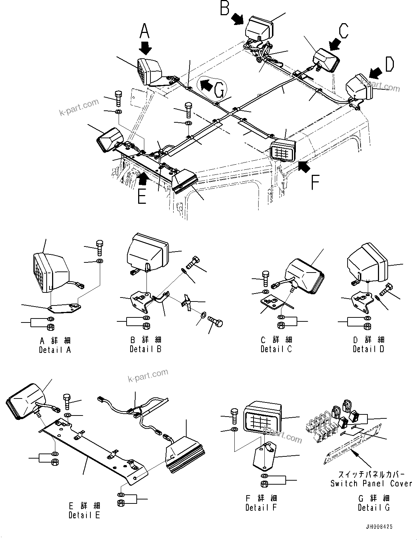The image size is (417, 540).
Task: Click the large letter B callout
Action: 225,8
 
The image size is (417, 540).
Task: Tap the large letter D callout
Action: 389,64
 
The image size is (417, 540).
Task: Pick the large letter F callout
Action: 315,182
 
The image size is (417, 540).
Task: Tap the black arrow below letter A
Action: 146,48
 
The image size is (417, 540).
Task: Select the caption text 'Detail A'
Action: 55,350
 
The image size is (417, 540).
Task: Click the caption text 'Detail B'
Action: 145,349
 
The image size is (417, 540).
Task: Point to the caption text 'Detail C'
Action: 276,349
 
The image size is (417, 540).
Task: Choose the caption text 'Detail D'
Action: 369,349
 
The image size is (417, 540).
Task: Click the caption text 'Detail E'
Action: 84,515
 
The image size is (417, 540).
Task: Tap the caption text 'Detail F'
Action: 261,507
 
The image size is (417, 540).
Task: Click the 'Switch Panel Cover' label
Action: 371,484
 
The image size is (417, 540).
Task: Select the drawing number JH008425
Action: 378,527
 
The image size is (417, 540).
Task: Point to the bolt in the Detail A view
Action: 100,248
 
